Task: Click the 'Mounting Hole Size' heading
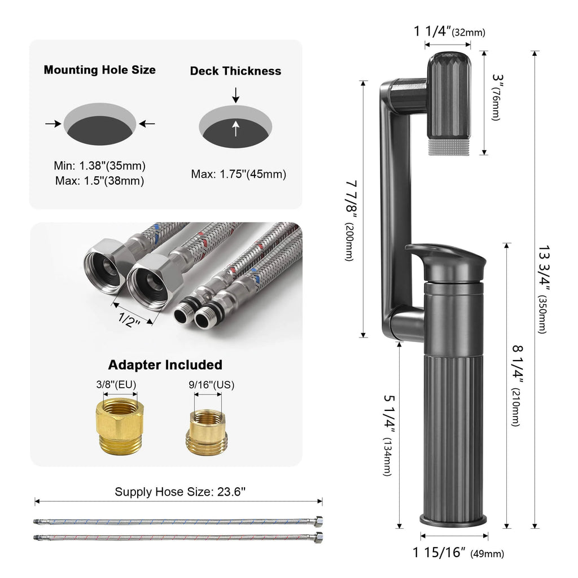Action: tap(100, 70)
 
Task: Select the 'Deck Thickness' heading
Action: tap(235, 71)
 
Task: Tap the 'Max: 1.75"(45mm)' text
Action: tap(238, 174)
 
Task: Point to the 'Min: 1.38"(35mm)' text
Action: tap(100, 166)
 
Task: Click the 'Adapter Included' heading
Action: tap(165, 365)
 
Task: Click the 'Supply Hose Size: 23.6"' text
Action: tap(180, 492)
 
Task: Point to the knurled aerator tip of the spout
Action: tap(448, 148)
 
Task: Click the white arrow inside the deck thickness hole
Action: tap(236, 129)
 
